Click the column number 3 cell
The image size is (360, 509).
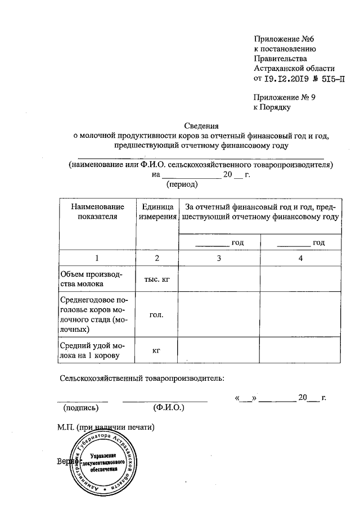click(x=219, y=258)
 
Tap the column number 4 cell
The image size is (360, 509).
click(x=301, y=258)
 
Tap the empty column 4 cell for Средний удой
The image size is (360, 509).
click(x=301, y=351)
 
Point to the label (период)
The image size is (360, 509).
click(x=180, y=184)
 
